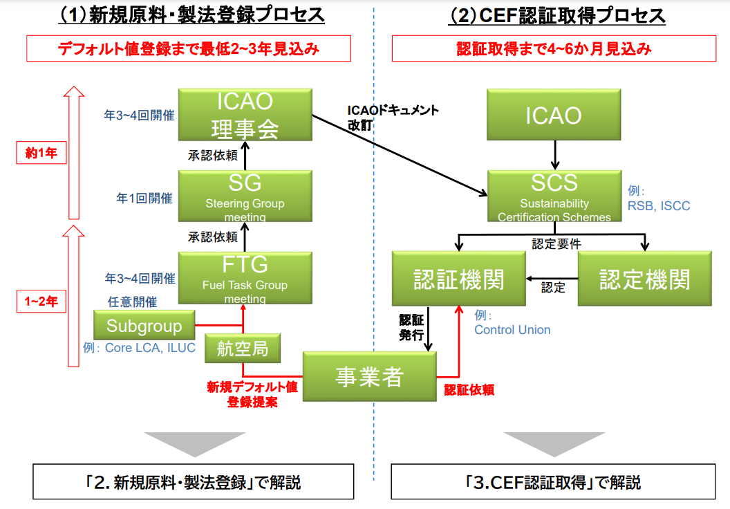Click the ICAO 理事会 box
(245, 115)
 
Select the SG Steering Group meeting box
(245, 196)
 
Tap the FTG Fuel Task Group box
(245, 278)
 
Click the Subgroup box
(144, 326)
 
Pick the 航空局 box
(243, 348)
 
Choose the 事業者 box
(369, 377)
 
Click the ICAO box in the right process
(554, 115)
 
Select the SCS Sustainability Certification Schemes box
(554, 196)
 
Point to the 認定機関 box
(644, 279)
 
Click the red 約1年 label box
(41, 154)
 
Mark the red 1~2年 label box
(41, 301)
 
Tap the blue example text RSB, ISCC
(659, 206)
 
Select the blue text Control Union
(512, 330)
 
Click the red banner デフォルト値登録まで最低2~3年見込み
(189, 49)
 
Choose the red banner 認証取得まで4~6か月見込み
(554, 49)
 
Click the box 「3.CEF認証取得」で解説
(554, 481)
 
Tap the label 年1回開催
(144, 198)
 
